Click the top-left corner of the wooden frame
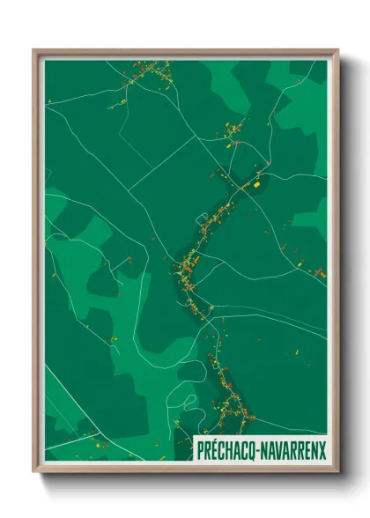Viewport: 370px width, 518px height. tap(34, 50)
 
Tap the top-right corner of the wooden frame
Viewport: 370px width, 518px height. tap(337, 50)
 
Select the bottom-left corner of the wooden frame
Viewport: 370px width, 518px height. tap(34, 471)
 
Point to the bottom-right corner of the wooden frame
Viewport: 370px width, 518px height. tap(337, 471)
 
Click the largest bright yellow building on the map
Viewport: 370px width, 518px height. tap(256, 185)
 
